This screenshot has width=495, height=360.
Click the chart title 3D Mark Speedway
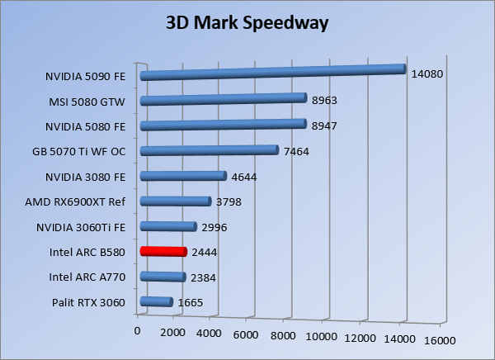click(x=247, y=22)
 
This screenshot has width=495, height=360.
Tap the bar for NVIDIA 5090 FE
click(x=273, y=73)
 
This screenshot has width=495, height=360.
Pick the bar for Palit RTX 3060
click(x=156, y=302)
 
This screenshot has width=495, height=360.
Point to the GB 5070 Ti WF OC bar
click(x=210, y=150)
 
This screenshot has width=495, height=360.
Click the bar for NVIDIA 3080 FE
click(x=183, y=176)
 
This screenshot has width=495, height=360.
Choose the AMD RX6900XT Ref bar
click(x=176, y=201)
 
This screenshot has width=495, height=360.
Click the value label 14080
click(x=427, y=74)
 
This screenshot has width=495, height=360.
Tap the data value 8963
click(x=324, y=101)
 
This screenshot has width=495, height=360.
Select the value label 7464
click(x=296, y=151)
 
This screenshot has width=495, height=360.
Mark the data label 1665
click(x=190, y=303)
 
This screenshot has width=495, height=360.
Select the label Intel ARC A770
click(x=87, y=277)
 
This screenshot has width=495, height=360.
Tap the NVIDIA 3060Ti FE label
click(x=81, y=227)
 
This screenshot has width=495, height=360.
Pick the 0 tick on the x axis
click(x=137, y=330)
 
